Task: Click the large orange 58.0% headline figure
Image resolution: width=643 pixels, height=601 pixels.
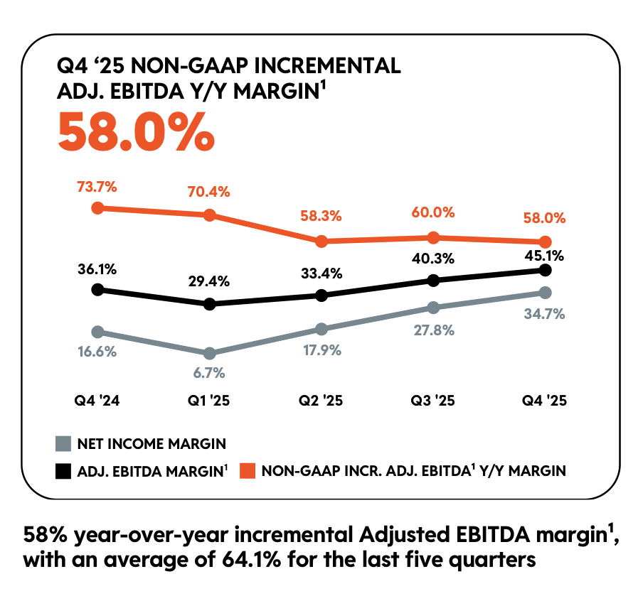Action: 135,132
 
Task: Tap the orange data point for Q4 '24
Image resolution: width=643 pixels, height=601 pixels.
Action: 98,208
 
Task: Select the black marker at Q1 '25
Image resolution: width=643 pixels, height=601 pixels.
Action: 210,304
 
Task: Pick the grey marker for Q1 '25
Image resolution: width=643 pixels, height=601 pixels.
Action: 210,353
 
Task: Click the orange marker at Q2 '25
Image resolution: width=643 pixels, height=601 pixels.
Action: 321,242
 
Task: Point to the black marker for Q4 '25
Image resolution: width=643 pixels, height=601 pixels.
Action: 546,270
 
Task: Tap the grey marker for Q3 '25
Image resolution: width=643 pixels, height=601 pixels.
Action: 433,308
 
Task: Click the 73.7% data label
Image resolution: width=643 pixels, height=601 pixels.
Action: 97,188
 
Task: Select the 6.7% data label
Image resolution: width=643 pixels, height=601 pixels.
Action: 210,372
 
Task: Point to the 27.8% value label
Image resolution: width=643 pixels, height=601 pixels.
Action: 433,330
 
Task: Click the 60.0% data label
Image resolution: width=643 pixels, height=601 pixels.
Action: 433,212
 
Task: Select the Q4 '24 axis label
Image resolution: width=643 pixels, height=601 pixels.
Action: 97,401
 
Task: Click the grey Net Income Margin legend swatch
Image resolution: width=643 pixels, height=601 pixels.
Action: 64,444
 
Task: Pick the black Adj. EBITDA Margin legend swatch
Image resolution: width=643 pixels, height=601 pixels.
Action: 64,470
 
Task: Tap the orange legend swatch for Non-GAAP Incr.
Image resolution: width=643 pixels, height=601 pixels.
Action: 246,470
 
